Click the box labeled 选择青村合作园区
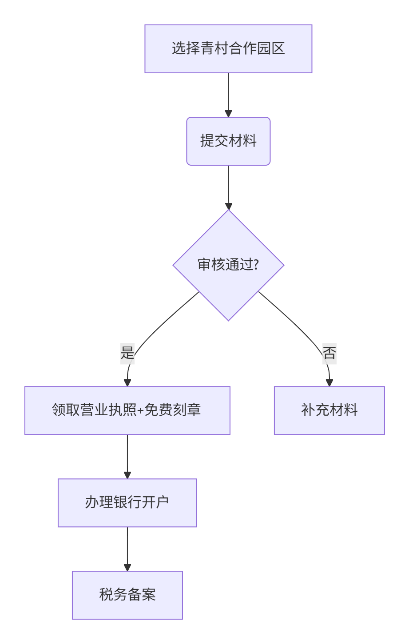pos(228,49)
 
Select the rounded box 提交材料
pos(228,141)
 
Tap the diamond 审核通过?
pos(228,265)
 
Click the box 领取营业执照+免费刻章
pos(127,410)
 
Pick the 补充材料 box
pos(329,410)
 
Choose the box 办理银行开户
pos(127,503)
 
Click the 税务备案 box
pos(127,595)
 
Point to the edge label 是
pos(127,354)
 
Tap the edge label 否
pos(329,354)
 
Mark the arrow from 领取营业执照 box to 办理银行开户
pos(127,456)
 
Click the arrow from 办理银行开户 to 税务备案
pos(127,548)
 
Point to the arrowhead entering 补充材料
pos(329,383)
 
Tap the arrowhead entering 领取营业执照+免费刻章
pos(127,383)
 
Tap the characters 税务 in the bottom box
pos(113,595)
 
